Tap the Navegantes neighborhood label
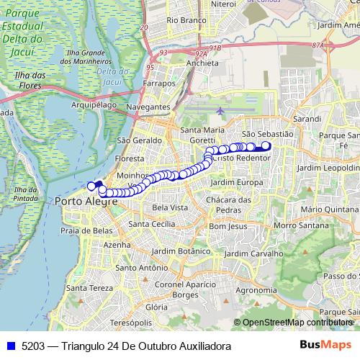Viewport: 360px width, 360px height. [148, 107]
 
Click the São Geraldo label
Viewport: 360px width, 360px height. [134, 140]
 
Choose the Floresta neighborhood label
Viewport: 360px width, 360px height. [130, 158]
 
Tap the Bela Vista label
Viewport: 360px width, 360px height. [170, 207]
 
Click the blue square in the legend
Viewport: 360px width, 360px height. [12, 346]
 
